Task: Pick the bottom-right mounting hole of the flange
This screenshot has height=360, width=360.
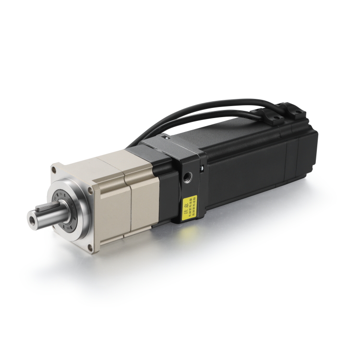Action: click(x=90, y=246)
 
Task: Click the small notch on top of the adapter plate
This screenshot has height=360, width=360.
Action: click(x=166, y=139)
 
